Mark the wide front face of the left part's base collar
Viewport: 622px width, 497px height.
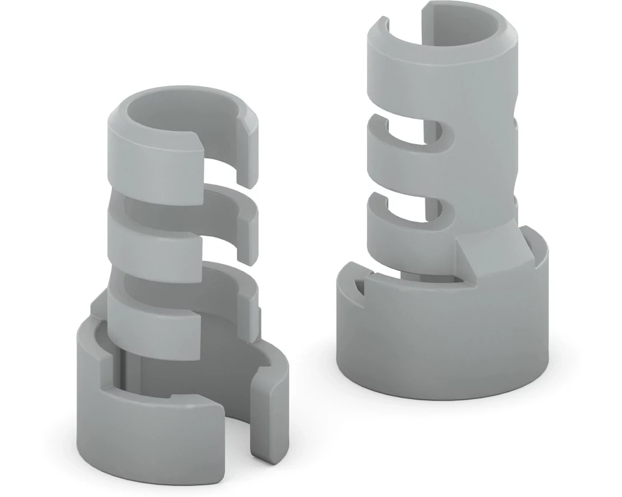pyautogui.click(x=149, y=429)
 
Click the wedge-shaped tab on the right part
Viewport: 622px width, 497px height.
pyautogui.click(x=488, y=248)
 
